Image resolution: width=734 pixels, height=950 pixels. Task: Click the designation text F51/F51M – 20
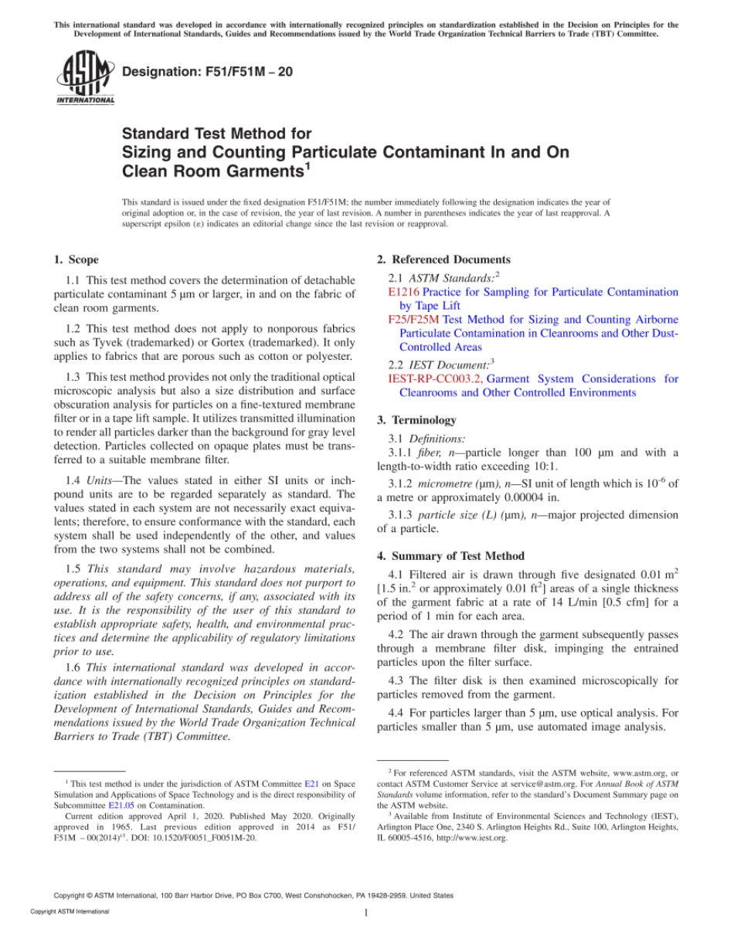click(x=208, y=73)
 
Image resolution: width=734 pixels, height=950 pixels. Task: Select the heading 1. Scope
click(x=76, y=260)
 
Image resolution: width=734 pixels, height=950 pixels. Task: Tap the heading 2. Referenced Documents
click(x=443, y=260)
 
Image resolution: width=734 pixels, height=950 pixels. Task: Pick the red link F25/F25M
click(x=414, y=319)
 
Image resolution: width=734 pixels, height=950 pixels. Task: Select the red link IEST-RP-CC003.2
click(x=435, y=378)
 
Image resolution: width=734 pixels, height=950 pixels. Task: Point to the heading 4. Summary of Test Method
click(x=450, y=556)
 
